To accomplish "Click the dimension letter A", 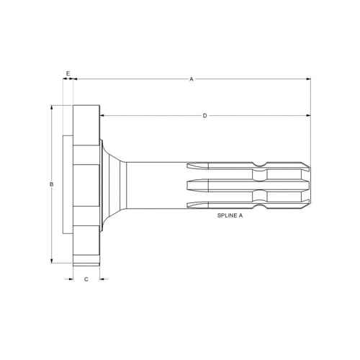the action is pyautogui.click(x=192, y=79).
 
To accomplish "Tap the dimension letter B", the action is pyautogui.click(x=51, y=184).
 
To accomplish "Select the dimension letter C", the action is pyautogui.click(x=86, y=279).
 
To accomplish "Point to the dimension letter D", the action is pyautogui.click(x=204, y=116).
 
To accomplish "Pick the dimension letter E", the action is pyautogui.click(x=68, y=73).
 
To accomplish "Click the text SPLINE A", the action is pyautogui.click(x=230, y=215).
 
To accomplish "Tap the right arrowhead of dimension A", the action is pyautogui.click(x=309, y=78).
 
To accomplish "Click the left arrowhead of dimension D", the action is pyautogui.click(x=102, y=116).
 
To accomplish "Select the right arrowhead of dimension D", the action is pyautogui.click(x=309, y=116).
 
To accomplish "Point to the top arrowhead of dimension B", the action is pyautogui.click(x=52, y=107).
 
